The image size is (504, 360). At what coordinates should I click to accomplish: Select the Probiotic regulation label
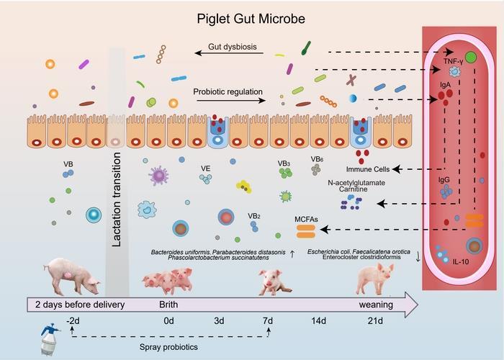pyautogui.click(x=227, y=91)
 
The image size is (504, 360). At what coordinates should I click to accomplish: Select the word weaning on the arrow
pyautogui.click(x=376, y=304)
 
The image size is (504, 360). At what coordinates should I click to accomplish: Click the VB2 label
pyautogui.click(x=253, y=215)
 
